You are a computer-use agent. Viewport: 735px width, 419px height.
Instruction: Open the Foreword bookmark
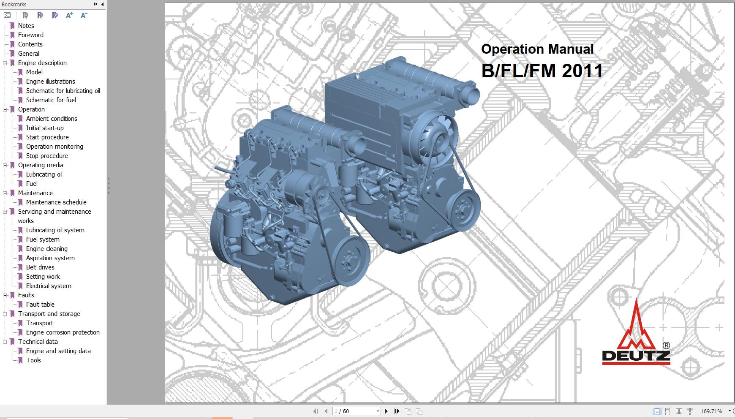click(x=30, y=35)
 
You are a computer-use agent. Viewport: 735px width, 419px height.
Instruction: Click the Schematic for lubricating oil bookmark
click(x=63, y=91)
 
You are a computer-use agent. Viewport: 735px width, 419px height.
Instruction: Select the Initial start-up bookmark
click(x=45, y=128)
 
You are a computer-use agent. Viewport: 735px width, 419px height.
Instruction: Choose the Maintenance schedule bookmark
click(x=56, y=202)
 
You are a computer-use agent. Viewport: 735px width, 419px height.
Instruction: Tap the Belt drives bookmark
click(x=40, y=267)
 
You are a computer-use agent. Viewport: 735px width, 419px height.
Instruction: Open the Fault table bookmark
click(x=40, y=305)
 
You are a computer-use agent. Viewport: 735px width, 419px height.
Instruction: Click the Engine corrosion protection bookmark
click(x=63, y=332)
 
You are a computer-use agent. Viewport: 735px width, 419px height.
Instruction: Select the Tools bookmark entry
click(x=33, y=360)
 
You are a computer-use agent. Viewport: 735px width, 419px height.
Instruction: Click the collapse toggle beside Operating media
click(x=5, y=165)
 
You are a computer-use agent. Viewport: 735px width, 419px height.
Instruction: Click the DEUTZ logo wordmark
click(x=636, y=356)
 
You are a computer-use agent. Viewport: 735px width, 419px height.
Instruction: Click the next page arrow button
click(x=386, y=411)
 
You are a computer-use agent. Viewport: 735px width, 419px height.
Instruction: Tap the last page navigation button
click(x=397, y=411)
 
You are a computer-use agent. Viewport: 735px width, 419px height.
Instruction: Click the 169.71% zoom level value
click(x=711, y=411)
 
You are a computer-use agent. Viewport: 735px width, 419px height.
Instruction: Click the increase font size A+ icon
click(x=69, y=15)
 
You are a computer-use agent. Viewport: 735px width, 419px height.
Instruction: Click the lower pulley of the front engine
click(x=349, y=260)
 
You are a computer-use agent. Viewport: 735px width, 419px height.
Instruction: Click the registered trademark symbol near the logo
click(x=666, y=345)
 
